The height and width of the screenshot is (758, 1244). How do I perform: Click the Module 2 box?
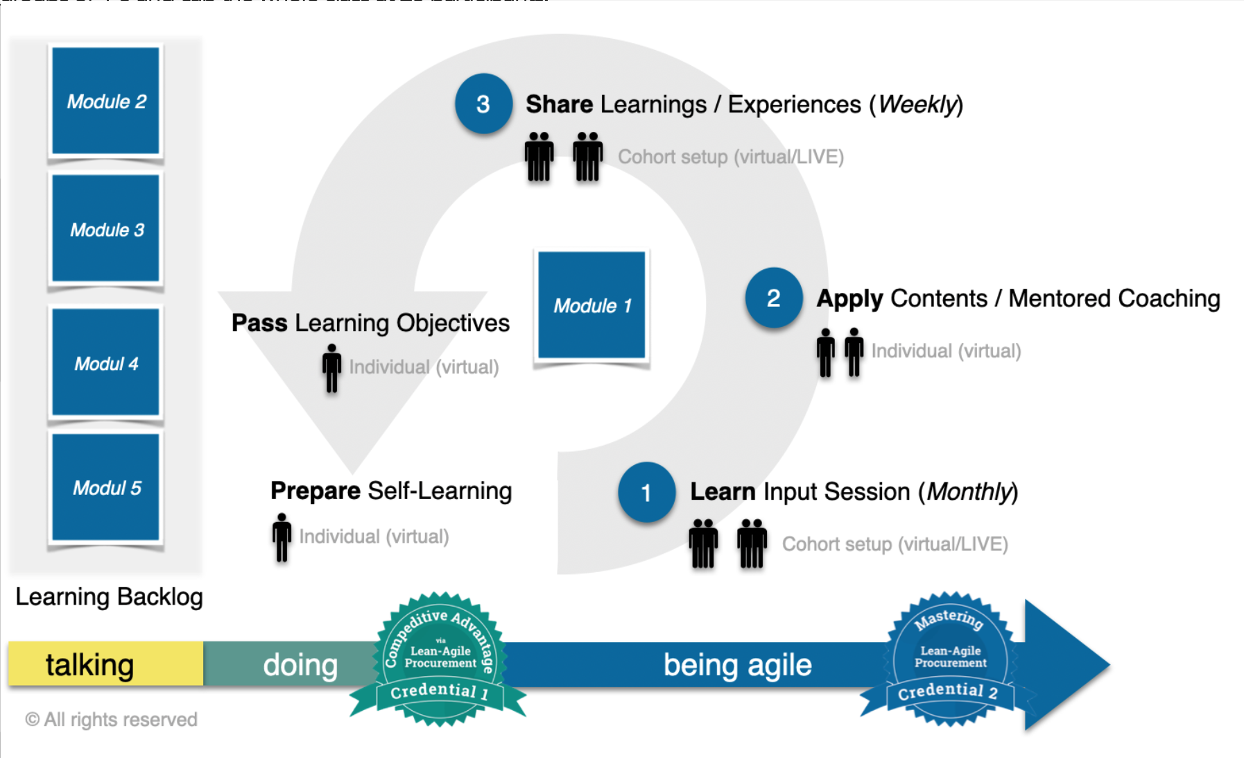(106, 101)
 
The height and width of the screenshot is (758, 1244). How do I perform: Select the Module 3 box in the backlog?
(106, 229)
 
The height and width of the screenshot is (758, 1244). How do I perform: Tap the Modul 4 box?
(106, 362)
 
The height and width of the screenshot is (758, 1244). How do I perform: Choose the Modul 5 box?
(106, 487)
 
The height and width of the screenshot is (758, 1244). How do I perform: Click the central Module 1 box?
(591, 305)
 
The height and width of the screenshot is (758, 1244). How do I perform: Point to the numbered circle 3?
(483, 104)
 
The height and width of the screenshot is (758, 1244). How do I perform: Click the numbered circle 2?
(774, 298)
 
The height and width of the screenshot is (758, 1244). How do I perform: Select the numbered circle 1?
(646, 492)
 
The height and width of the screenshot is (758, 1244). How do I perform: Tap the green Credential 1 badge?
(440, 659)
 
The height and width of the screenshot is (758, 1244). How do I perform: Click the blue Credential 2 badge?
(950, 659)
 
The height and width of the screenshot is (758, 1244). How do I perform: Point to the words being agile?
(737, 665)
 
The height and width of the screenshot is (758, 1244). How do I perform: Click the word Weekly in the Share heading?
(917, 104)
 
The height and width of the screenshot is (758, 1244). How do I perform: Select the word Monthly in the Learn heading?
(969, 491)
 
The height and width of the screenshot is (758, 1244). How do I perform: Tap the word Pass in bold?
(259, 323)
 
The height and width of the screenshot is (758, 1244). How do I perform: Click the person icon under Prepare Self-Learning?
(282, 537)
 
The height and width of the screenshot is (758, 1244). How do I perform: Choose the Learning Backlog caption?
(109, 596)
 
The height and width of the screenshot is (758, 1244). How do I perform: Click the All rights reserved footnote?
(112, 719)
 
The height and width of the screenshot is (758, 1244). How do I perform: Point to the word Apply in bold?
(849, 298)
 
